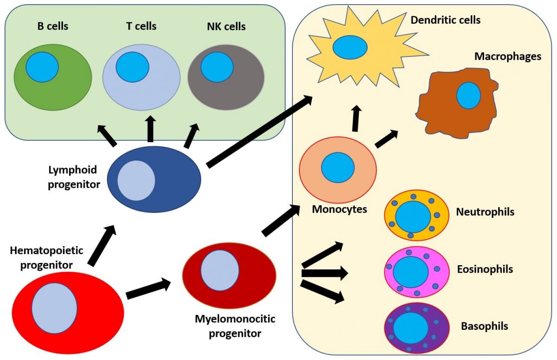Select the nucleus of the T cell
tap(132, 66)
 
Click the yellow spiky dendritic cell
tap(325, 65)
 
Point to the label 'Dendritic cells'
tap(446, 20)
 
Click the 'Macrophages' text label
tap(507, 57)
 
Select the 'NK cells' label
tap(226, 26)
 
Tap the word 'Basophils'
tap(484, 326)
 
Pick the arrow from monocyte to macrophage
tap(386, 139)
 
